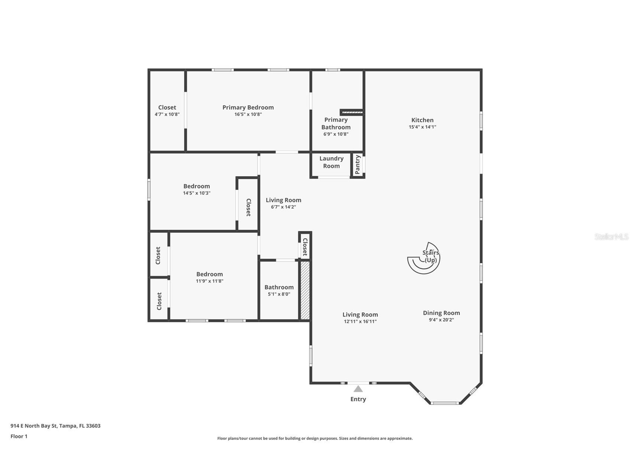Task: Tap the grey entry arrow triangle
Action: [x=358, y=389]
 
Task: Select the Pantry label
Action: [x=357, y=165]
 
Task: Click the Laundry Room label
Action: [x=331, y=162]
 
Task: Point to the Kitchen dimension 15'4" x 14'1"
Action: [x=422, y=127]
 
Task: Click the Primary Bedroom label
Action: [x=248, y=107]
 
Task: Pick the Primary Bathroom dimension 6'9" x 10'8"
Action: [x=336, y=134]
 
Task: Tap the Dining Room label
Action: [x=441, y=313]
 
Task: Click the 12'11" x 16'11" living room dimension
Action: [x=360, y=322]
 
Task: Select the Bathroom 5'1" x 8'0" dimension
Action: [x=279, y=294]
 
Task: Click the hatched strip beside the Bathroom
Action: [x=305, y=290]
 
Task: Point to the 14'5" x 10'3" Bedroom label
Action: [x=197, y=186]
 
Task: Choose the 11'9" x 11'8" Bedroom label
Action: [x=210, y=274]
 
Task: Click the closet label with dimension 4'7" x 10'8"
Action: [x=167, y=107]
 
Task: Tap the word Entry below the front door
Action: [x=358, y=399]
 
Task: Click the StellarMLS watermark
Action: [x=611, y=236]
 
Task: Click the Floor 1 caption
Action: [x=19, y=436]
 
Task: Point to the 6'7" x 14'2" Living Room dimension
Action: [x=283, y=207]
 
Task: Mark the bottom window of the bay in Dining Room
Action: [x=445, y=403]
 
